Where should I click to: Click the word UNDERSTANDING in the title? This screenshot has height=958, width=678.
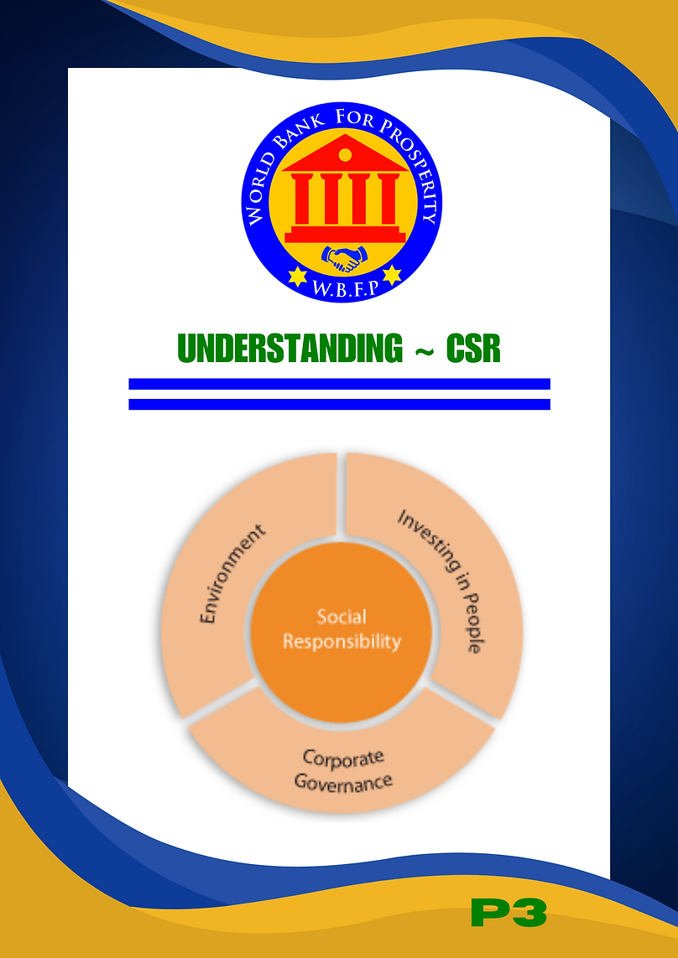coord(290,349)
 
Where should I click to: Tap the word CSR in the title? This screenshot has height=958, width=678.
coord(473,349)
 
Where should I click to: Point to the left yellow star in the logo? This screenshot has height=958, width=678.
coord(297,276)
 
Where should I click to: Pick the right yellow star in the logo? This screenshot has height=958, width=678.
coord(391,274)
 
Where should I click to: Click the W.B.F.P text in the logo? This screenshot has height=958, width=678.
coord(345,288)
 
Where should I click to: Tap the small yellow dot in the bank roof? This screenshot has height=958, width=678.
coord(345,155)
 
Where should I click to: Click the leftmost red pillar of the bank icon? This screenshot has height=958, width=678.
coord(302,199)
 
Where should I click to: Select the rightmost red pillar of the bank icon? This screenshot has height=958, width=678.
coord(388,199)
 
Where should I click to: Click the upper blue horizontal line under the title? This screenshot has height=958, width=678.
coord(339,384)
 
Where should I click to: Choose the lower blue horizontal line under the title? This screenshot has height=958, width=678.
coord(339,405)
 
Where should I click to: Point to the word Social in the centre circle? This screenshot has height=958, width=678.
coord(342,617)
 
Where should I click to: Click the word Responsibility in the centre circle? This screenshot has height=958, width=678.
coord(342,641)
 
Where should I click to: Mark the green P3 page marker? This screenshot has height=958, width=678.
coord(508,913)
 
